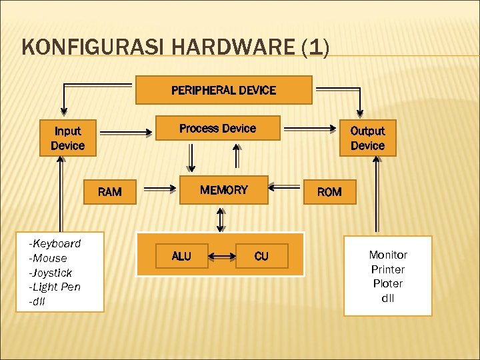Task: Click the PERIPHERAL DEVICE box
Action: pyautogui.click(x=223, y=90)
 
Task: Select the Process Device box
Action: pyautogui.click(x=217, y=128)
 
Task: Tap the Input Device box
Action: pyautogui.click(x=68, y=138)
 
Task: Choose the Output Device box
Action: pyautogui.click(x=367, y=138)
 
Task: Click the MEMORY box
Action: pyautogui.click(x=224, y=190)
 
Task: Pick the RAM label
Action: pyautogui.click(x=110, y=192)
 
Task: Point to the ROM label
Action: pyautogui.click(x=329, y=192)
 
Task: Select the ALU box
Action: pyautogui.click(x=181, y=256)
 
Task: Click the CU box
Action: pyautogui.click(x=261, y=256)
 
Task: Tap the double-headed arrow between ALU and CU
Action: pyautogui.click(x=221, y=256)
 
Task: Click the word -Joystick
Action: pyautogui.click(x=51, y=273)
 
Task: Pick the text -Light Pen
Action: pyautogui.click(x=55, y=287)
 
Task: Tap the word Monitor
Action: pyautogui.click(x=388, y=255)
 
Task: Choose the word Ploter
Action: pyautogui.click(x=388, y=283)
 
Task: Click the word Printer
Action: pyautogui.click(x=388, y=269)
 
